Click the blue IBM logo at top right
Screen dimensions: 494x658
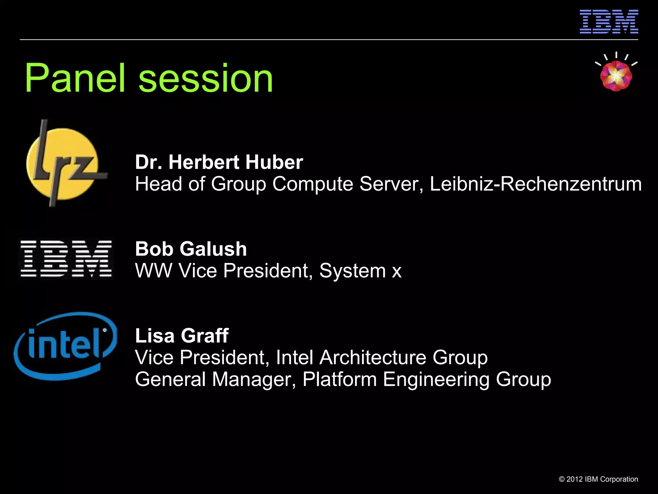609,22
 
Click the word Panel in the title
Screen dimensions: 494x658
75,78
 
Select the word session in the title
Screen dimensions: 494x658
206,78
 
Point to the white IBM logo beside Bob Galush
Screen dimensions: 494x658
66,259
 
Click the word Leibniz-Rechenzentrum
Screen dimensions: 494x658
536,184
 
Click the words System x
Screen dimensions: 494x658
360,270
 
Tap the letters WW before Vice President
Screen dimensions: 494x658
153,270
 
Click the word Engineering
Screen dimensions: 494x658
436,379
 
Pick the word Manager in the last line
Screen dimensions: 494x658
253,379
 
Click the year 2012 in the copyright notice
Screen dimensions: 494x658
574,479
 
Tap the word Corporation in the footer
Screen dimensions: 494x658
619,479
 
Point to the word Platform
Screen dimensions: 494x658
339,379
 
